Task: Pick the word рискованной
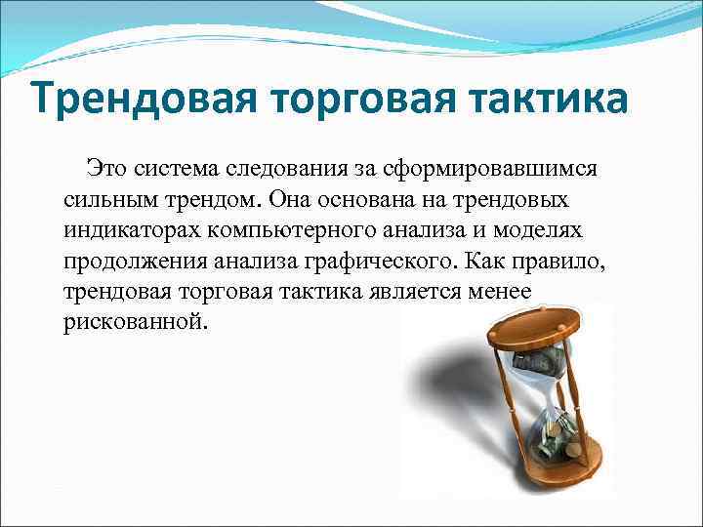135,323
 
